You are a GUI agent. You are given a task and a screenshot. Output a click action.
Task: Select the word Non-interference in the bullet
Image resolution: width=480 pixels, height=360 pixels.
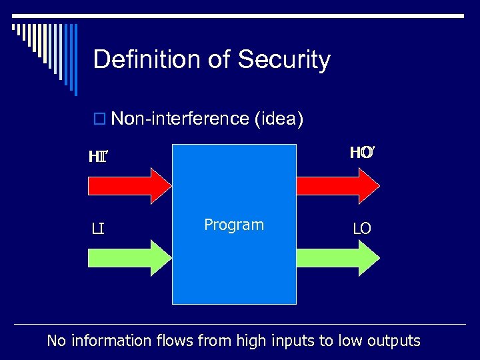pyautogui.click(x=180, y=119)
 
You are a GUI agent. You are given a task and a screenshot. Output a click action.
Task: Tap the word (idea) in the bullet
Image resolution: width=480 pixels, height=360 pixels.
pyautogui.click(x=279, y=119)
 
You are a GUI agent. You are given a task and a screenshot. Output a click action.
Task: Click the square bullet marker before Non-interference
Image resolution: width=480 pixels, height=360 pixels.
pyautogui.click(x=99, y=119)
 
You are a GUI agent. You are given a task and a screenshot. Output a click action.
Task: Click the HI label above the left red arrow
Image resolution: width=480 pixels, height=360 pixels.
pyautogui.click(x=98, y=157)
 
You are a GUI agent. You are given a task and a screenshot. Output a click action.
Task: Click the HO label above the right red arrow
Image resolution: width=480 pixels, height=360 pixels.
pyautogui.click(x=361, y=153)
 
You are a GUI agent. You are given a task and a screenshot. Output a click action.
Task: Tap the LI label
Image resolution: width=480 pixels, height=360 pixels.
pyautogui.click(x=98, y=230)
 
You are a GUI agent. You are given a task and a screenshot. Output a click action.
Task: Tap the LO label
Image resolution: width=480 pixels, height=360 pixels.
pyautogui.click(x=362, y=229)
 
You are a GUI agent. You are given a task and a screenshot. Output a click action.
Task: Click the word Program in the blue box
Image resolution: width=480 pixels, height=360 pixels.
pyautogui.click(x=234, y=225)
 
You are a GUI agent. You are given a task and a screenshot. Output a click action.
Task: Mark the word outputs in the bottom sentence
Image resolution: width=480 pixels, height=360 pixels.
pyautogui.click(x=393, y=341)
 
